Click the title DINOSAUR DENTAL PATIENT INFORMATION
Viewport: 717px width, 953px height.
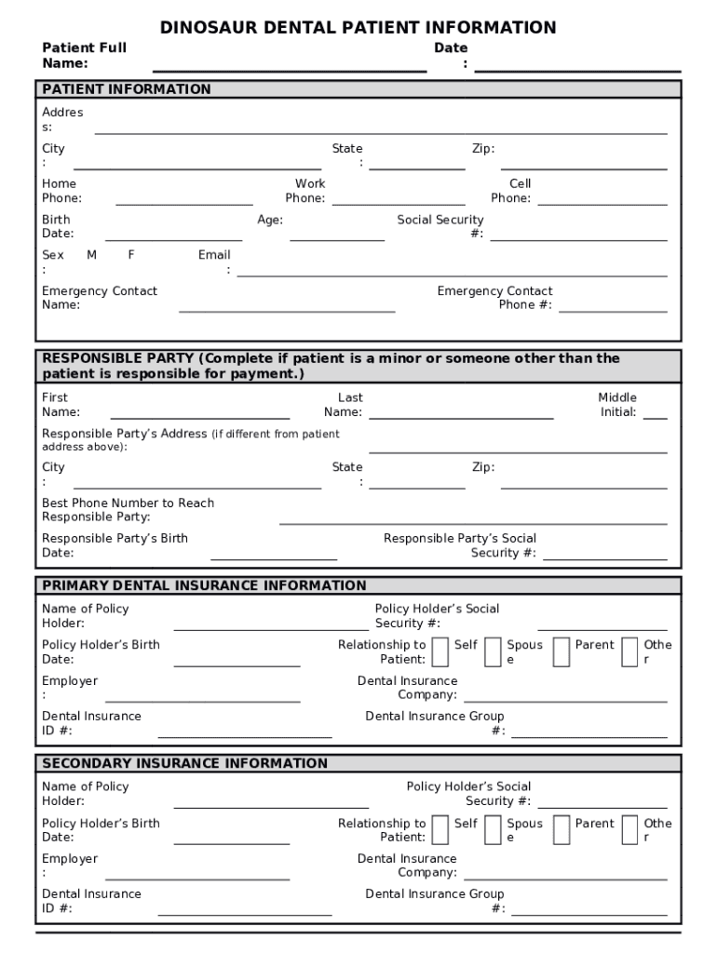point(358,28)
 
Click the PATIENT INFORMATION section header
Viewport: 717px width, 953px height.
point(127,89)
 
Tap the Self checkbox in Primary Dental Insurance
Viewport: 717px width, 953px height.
point(440,652)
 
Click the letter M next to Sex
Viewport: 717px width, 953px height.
point(92,255)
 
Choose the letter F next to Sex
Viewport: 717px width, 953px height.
point(131,255)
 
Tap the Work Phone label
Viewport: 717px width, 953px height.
point(305,191)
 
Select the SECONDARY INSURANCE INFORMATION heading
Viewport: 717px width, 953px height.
point(184,763)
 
